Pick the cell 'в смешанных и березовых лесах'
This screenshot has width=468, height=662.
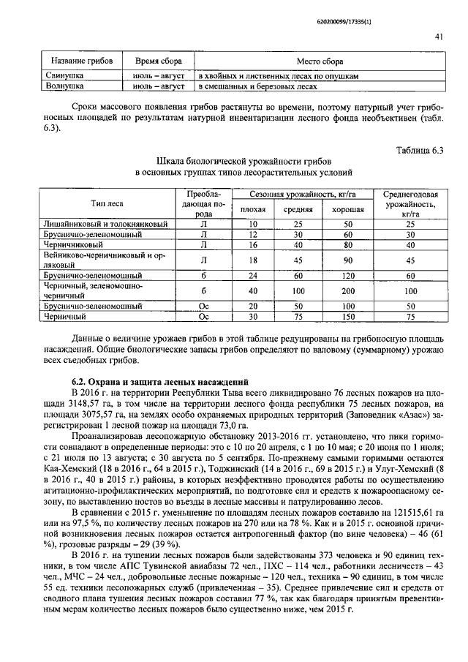tap(258, 86)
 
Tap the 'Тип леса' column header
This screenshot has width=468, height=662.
tap(105, 203)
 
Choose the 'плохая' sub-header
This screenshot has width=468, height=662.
tap(252, 209)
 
